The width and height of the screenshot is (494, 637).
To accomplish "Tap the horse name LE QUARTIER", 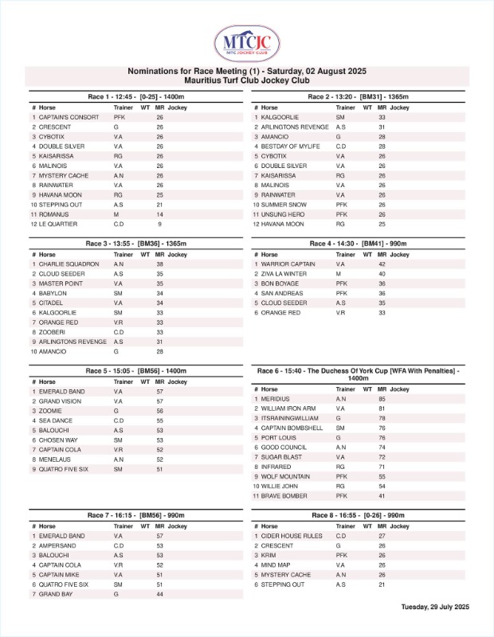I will point(59,224).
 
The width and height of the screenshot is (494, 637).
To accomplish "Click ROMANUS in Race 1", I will point(54,214).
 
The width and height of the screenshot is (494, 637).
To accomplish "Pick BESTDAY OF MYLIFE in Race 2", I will point(290,146).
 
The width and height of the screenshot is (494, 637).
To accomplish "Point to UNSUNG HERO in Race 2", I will point(283,214).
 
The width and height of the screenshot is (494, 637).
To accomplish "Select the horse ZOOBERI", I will point(52,331).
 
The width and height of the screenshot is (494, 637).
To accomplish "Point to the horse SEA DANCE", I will point(55,420).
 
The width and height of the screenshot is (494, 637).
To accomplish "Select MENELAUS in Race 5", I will point(53,459).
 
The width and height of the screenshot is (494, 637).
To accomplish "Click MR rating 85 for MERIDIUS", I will point(382,399).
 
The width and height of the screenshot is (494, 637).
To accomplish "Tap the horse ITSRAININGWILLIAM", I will point(291,418).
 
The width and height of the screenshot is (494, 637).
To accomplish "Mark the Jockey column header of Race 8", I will point(399,526).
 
